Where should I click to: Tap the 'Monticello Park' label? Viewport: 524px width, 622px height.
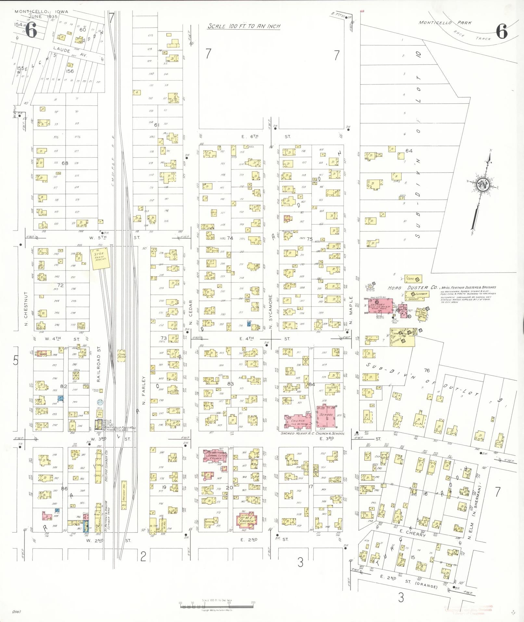tap(445, 23)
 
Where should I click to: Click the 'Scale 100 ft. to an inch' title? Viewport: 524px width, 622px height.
tap(244, 26)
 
